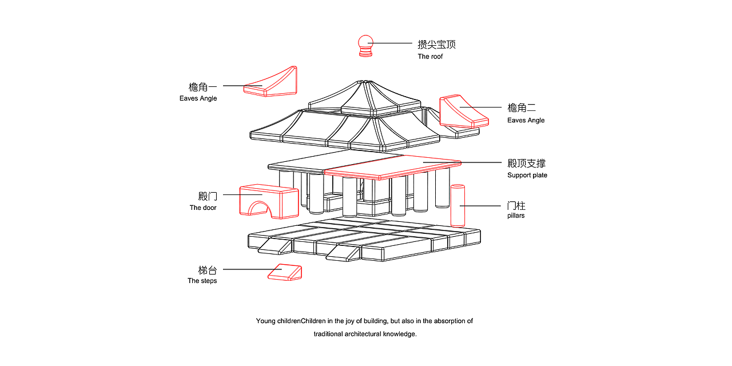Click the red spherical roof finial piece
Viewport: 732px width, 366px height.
pos(365,46)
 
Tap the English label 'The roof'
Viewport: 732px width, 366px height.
pos(430,57)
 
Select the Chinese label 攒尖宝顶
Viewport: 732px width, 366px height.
pos(436,44)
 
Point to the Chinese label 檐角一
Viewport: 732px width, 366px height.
pos(203,87)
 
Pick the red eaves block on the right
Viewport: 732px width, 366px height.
pos(463,112)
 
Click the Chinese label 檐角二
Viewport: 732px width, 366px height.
pos(522,108)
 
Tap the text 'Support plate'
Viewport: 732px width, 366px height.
pos(527,175)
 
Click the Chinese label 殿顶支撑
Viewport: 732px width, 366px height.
pos(526,164)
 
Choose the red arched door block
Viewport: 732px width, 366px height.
pos(268,201)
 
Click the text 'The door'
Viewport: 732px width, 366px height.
pos(203,208)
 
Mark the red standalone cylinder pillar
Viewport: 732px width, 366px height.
pos(457,205)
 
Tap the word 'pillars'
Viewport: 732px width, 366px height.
pos(515,216)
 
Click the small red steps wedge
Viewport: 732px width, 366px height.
pos(285,272)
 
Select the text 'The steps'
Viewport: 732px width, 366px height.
pos(202,281)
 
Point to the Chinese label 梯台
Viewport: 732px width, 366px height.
pos(208,270)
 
